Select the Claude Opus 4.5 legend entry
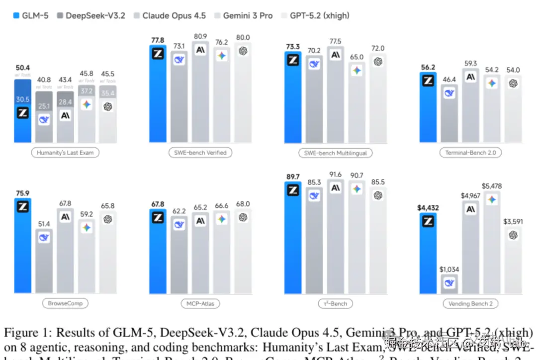(x=169, y=15)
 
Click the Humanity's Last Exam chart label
(x=65, y=153)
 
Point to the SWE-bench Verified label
(x=201, y=153)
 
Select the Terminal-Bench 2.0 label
(x=470, y=153)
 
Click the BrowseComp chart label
(x=65, y=303)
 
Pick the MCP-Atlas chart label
(x=200, y=303)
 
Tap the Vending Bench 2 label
(x=470, y=303)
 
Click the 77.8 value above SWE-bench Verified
(x=158, y=40)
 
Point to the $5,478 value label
(x=491, y=186)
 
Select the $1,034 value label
(x=449, y=269)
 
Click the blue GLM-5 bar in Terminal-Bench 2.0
(x=428, y=109)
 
